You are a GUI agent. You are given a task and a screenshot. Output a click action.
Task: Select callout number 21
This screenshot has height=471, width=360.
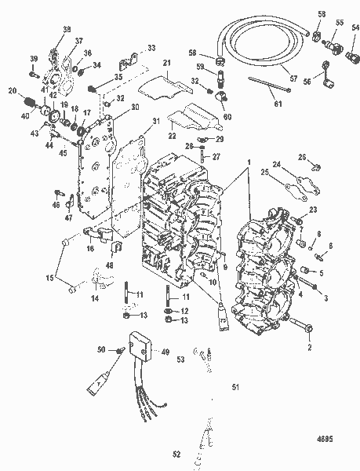pyautogui.click(x=166, y=63)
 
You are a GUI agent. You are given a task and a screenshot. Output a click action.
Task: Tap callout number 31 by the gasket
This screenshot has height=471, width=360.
pyautogui.click(x=157, y=120)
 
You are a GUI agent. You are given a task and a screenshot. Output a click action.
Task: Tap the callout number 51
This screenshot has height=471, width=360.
pyautogui.click(x=233, y=386)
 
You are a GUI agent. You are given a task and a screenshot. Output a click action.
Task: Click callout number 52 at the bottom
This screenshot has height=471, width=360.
pyautogui.click(x=176, y=454)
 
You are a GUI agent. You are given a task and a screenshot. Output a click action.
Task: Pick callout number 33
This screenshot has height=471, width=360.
pyautogui.click(x=151, y=48)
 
